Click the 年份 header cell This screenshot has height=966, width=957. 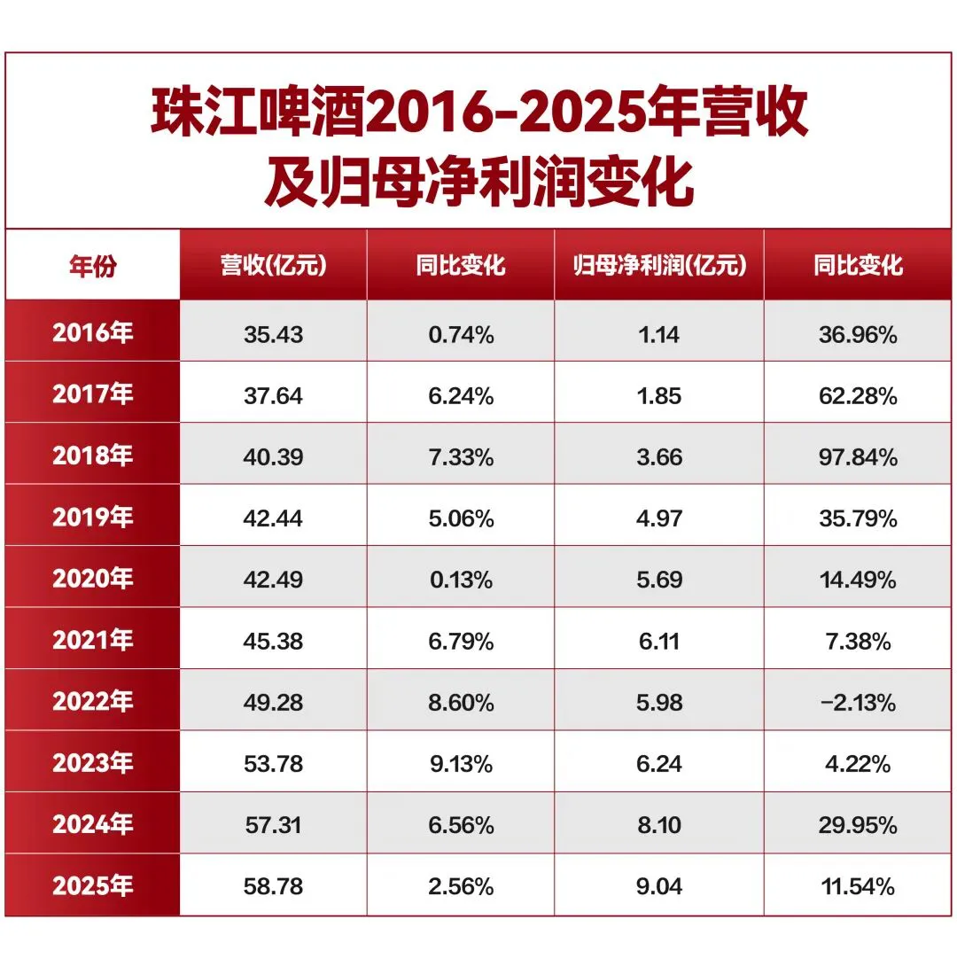(92, 266)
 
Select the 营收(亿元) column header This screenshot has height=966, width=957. (274, 266)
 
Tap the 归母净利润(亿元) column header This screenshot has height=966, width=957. (659, 266)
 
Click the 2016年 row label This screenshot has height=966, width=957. (92, 332)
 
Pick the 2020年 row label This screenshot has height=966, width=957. (92, 579)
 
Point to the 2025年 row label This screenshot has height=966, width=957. (92, 886)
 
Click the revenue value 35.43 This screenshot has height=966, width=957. (274, 334)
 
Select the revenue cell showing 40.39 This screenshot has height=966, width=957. (274, 457)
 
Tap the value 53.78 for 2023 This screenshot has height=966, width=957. (274, 764)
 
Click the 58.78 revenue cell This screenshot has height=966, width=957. (274, 886)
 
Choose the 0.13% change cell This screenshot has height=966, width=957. (462, 580)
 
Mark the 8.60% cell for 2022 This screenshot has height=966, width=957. (462, 702)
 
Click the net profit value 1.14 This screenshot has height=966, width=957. (659, 334)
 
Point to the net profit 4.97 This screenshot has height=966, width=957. (659, 518)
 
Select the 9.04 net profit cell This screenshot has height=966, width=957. (659, 886)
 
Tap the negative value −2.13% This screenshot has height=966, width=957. (858, 702)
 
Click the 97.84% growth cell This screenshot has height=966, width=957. (858, 457)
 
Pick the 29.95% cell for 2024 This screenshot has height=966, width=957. (858, 825)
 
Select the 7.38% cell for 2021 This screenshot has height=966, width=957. (858, 642)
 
